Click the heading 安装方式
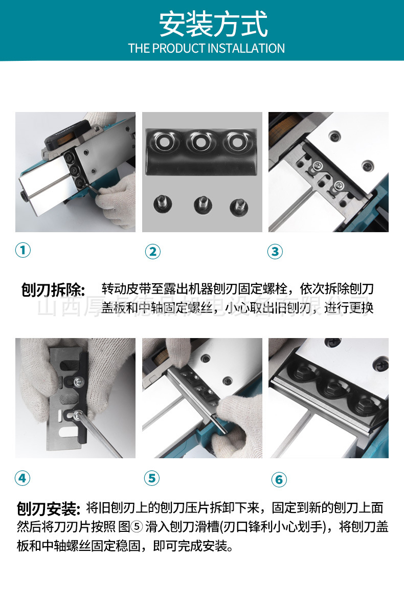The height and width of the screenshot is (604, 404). click(213, 25)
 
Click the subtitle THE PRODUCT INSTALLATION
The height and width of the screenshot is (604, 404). click(206, 49)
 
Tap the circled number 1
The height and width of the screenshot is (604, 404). click(23, 250)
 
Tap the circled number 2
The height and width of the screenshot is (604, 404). click(152, 251)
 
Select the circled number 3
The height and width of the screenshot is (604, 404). click(275, 251)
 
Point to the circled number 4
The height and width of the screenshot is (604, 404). click(23, 478)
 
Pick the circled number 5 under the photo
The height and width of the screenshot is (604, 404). click(152, 478)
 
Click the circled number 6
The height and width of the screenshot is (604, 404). click(279, 479)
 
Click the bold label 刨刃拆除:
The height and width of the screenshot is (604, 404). click(53, 290)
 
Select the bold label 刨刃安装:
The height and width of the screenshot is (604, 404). click(49, 509)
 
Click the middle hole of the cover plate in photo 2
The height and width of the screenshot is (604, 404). click(199, 141)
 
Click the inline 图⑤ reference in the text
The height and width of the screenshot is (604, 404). click(131, 527)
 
